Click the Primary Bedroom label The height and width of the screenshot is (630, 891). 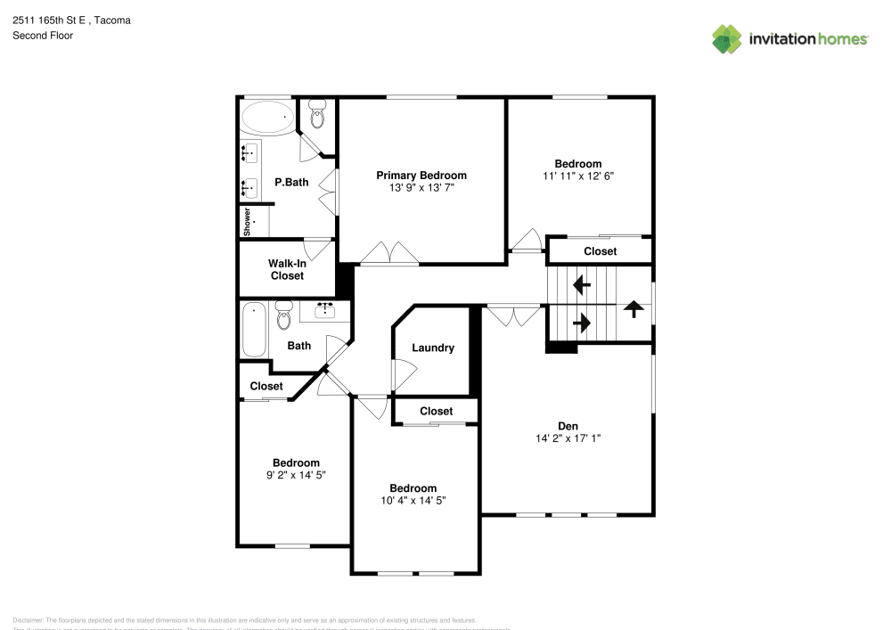tap(421, 176)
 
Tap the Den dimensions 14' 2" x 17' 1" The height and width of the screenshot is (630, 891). tap(568, 438)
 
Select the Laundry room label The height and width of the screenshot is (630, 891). tap(433, 348)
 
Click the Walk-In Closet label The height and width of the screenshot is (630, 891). tap(286, 270)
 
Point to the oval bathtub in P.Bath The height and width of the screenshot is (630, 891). tap(267, 116)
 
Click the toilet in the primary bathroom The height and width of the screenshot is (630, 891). tap(317, 114)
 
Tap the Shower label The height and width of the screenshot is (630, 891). tap(247, 221)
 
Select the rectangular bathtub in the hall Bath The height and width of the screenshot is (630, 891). tap(254, 330)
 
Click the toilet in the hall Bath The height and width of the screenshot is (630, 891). tap(284, 315)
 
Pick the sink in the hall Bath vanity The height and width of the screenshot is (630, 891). tap(324, 310)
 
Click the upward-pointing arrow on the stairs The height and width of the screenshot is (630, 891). tap(634, 308)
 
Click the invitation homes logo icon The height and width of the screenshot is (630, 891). tap(727, 39)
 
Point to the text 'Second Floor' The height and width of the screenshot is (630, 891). tap(43, 36)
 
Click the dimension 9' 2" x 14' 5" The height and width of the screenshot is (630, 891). tap(296, 475)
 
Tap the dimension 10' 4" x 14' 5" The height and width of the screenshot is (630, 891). tap(413, 501)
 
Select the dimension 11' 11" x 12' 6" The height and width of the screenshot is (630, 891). tap(578, 176)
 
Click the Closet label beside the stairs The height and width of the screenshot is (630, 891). tap(600, 251)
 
